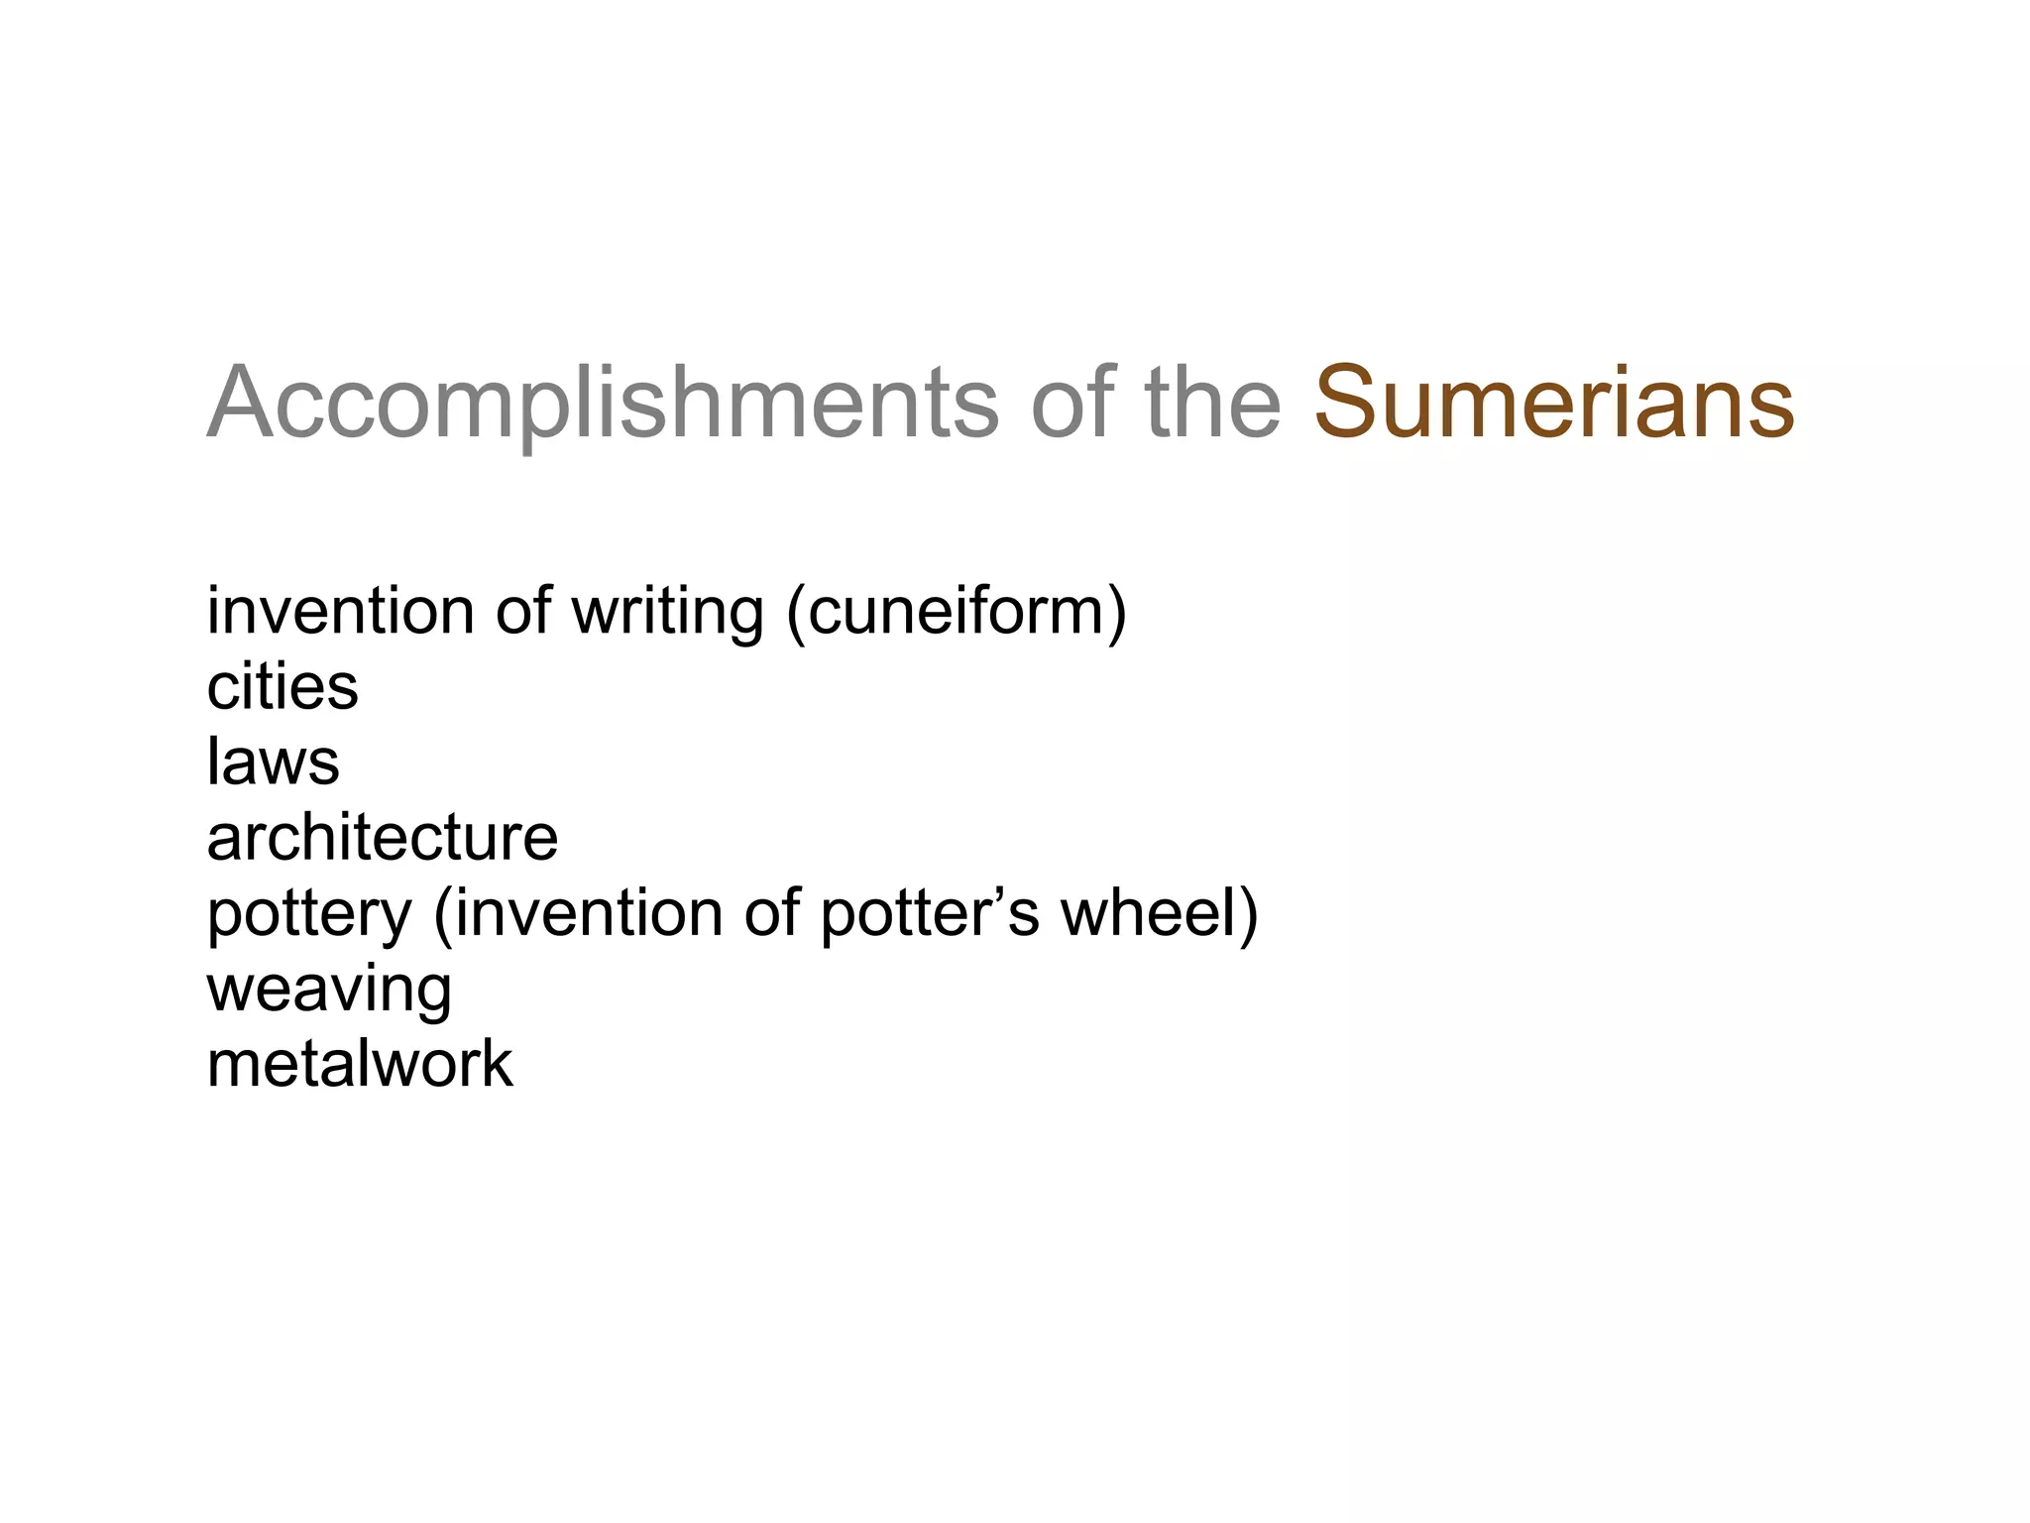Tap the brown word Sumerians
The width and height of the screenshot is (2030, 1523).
coord(1553,404)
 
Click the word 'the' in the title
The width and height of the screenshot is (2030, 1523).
coord(1212,404)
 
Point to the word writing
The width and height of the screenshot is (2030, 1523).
coord(667,613)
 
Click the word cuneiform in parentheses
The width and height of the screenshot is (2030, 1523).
coord(956,611)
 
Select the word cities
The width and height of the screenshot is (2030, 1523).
coord(282,686)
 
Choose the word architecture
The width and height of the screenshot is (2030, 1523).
coord(382,838)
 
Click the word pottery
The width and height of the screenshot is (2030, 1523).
coord(308,915)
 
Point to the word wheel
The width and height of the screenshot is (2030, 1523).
coord(1147,913)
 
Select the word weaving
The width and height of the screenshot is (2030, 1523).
coord(329,991)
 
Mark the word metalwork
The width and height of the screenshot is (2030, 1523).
coord(360,1064)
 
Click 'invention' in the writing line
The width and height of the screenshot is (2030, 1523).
coord(340,611)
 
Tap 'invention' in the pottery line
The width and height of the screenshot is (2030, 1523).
coord(589,913)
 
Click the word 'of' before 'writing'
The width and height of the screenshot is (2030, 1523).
coord(522,611)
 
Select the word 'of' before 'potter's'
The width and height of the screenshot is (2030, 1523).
coord(771,913)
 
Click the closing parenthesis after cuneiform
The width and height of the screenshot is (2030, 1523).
coord(1117,613)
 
